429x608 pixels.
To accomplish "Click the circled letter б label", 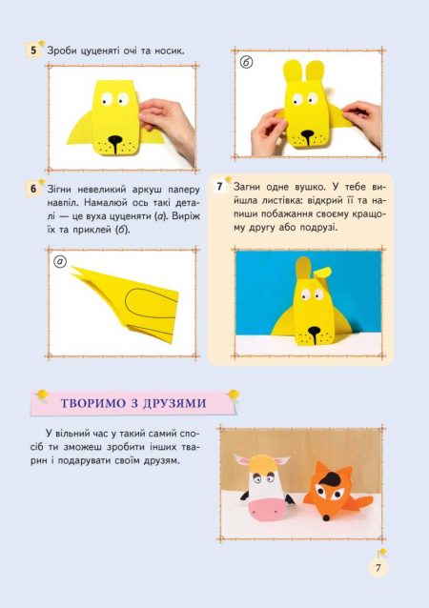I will (x=246, y=64).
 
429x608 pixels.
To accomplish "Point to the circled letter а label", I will (x=61, y=261).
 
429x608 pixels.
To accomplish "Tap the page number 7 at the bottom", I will (x=378, y=568).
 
